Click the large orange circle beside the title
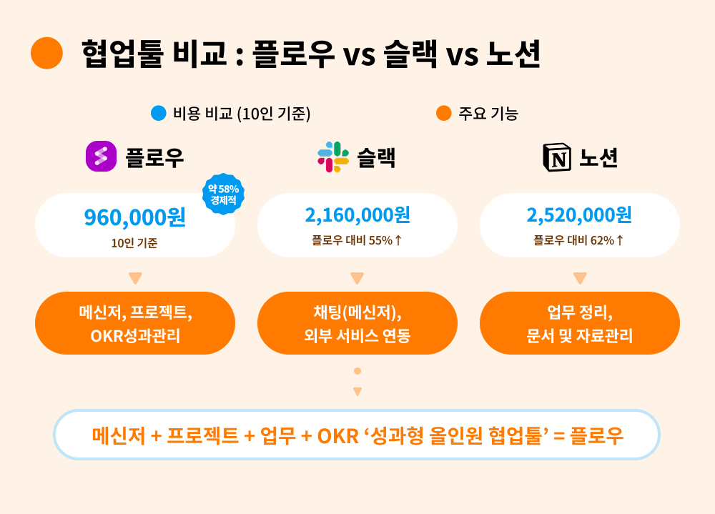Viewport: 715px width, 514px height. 46,53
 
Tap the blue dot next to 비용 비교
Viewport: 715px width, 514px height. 159,113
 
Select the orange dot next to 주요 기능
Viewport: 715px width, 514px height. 444,113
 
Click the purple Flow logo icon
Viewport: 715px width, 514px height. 102,157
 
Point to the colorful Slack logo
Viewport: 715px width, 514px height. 333,157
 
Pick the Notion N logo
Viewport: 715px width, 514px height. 557,157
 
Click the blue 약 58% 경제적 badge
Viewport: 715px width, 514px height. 223,194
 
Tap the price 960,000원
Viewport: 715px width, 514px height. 135,217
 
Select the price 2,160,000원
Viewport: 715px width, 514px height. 357,214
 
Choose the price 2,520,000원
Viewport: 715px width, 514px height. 579,214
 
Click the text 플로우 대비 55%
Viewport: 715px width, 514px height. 352,240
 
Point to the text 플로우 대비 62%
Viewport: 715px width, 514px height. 574,240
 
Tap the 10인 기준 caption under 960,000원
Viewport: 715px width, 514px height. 134,243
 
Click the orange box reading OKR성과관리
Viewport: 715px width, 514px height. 135,323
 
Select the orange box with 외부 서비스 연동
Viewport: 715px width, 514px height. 357,323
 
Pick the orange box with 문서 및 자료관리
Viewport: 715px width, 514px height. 580,323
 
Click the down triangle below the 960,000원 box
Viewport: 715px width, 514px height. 135,278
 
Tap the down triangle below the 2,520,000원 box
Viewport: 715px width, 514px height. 580,278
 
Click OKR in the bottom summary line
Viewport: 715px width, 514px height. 338,437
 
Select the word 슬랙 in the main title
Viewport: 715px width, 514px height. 410,54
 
